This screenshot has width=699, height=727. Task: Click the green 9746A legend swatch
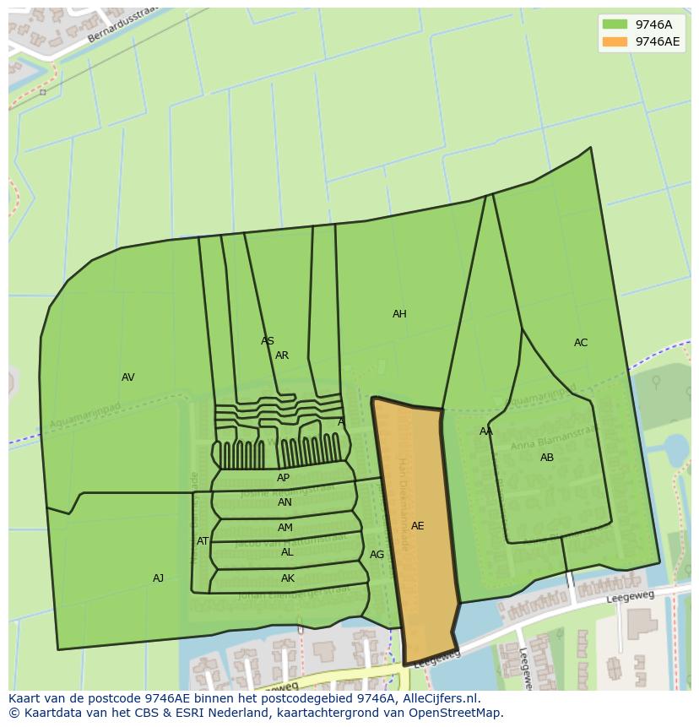pyautogui.click(x=615, y=24)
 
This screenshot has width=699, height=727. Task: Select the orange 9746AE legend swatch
pyautogui.click(x=615, y=41)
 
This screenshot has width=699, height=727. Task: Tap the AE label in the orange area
pyautogui.click(x=417, y=526)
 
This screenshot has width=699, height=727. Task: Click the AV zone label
pyautogui.click(x=127, y=377)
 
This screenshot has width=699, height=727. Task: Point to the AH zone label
pyautogui.click(x=399, y=314)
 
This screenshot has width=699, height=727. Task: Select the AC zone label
pyautogui.click(x=581, y=343)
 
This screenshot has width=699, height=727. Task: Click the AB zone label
pyautogui.click(x=547, y=458)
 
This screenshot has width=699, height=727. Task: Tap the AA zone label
pyautogui.click(x=486, y=431)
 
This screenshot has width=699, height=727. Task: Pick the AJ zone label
pyautogui.click(x=158, y=578)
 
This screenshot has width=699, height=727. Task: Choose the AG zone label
pyautogui.click(x=377, y=555)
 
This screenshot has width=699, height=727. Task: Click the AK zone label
pyautogui.click(x=288, y=578)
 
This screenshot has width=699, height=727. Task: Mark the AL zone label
pyautogui.click(x=287, y=552)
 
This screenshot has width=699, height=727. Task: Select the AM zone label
pyautogui.click(x=285, y=528)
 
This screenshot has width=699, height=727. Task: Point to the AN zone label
pyautogui.click(x=284, y=502)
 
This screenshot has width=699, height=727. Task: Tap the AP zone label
pyautogui.click(x=283, y=478)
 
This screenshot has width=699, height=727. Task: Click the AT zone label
pyautogui.click(x=203, y=541)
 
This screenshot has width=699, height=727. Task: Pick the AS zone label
pyautogui.click(x=268, y=341)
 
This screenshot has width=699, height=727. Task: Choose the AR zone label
pyautogui.click(x=282, y=355)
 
